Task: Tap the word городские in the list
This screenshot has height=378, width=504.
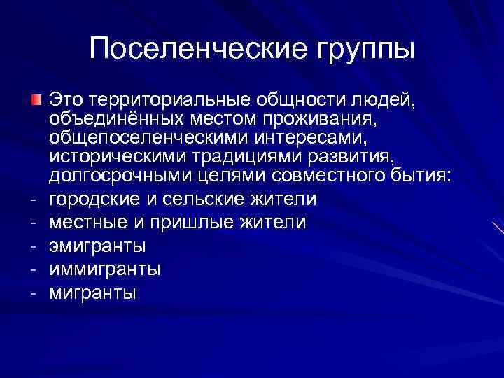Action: pyautogui.click(x=94, y=199)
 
